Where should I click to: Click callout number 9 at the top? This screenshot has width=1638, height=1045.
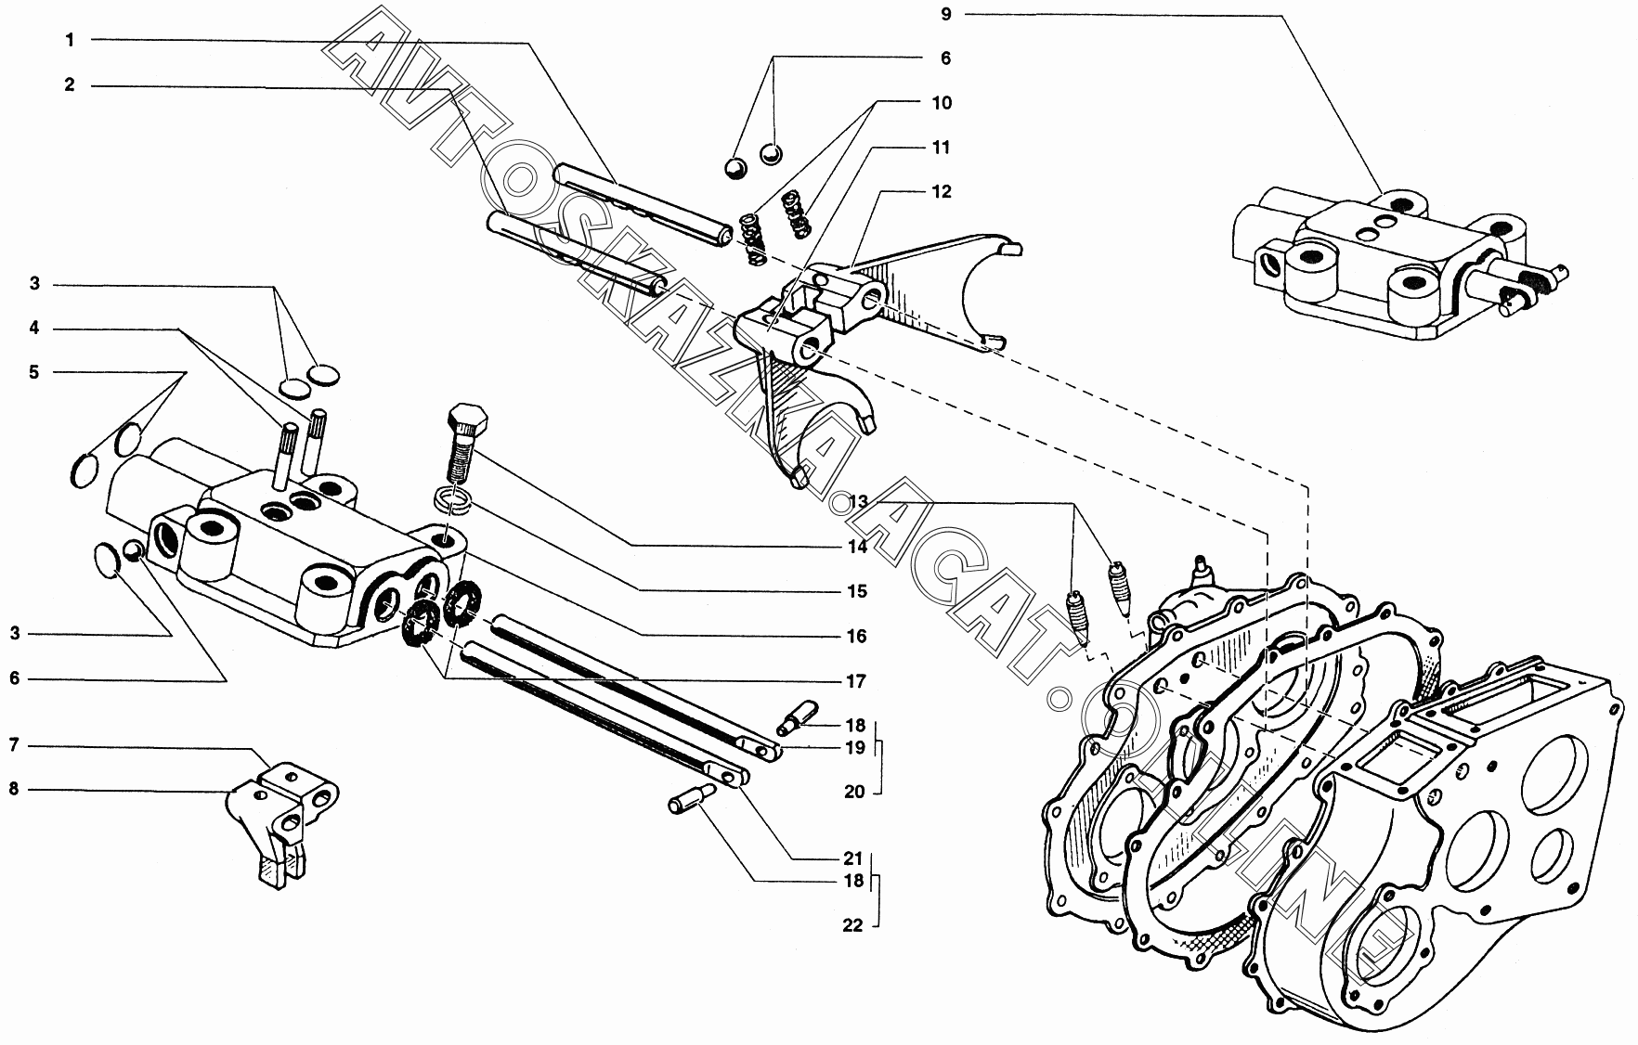[x=946, y=14]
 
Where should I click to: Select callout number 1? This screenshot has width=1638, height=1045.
[x=70, y=40]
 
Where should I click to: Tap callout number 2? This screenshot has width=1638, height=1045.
[x=70, y=84]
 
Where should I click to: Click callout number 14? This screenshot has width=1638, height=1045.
[x=857, y=547]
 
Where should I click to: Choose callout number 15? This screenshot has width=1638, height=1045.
[x=857, y=591]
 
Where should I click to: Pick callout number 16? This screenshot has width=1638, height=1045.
[x=857, y=636]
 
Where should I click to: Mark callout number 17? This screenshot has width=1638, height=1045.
[x=857, y=681]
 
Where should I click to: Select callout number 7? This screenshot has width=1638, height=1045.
[x=14, y=745]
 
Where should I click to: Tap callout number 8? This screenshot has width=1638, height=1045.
[x=14, y=790]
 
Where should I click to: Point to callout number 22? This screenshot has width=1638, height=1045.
[x=853, y=925]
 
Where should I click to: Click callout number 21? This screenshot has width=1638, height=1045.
[x=853, y=858]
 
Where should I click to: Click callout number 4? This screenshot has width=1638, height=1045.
[x=34, y=328]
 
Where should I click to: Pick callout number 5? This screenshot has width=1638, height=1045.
[x=34, y=372]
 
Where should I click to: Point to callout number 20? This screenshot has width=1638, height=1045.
[x=853, y=792]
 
